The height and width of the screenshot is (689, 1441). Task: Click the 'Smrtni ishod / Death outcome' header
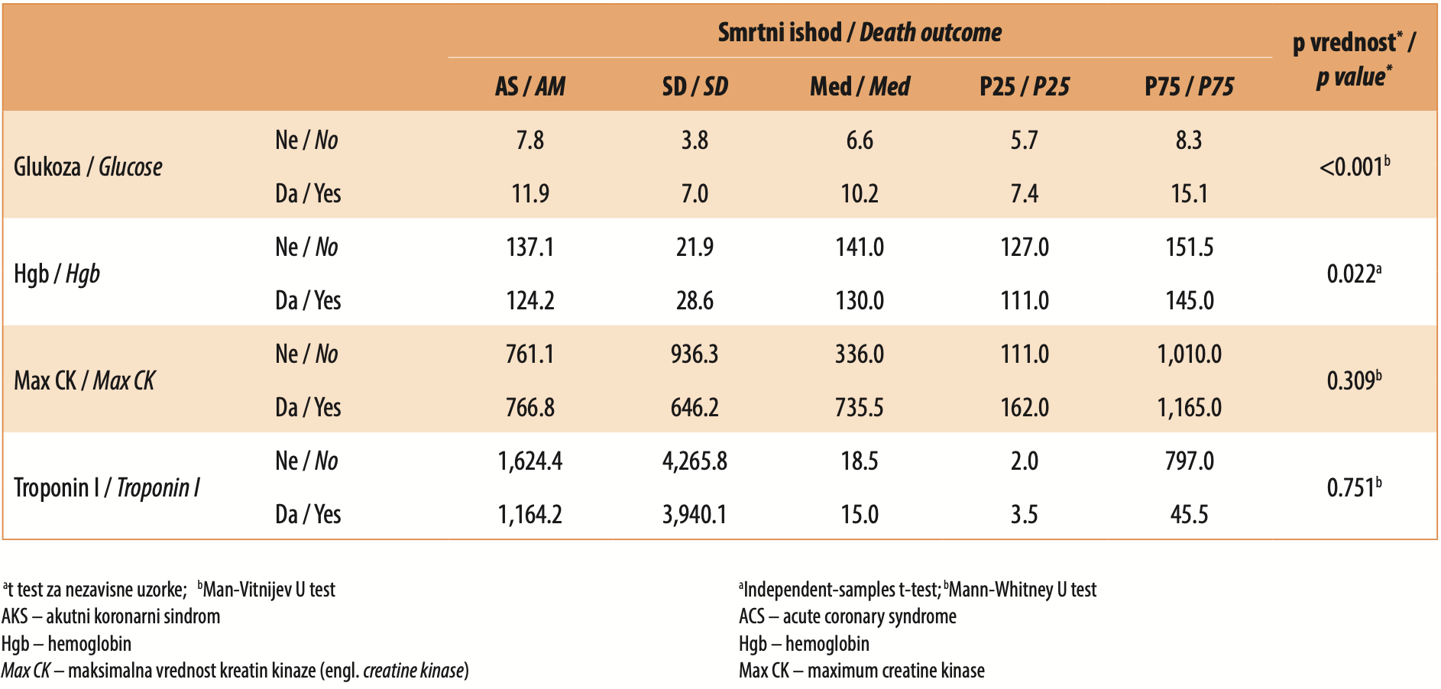point(860,32)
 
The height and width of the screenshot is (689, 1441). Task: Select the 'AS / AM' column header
point(530,86)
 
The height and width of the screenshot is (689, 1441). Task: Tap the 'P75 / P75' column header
point(1189,86)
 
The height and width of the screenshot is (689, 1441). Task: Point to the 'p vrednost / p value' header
point(1354,60)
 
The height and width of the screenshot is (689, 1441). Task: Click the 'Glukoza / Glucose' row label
point(88,167)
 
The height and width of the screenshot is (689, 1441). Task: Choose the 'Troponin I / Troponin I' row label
point(107,487)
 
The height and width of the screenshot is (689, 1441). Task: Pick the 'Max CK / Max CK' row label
point(84,380)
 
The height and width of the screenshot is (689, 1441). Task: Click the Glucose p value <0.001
point(1354,166)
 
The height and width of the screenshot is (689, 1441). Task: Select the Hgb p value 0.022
point(1354,273)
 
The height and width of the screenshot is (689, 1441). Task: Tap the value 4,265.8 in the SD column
point(695,461)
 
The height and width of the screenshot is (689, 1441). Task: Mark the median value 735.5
point(860,407)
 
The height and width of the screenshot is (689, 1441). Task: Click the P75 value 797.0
point(1189,461)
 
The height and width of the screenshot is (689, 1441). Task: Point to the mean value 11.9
point(530,193)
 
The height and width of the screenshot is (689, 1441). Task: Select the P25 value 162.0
point(1025,407)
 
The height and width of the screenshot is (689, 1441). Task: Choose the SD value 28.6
point(695,300)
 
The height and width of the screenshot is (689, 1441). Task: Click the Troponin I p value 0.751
point(1354,487)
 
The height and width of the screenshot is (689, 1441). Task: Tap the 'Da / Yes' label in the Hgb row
point(308,300)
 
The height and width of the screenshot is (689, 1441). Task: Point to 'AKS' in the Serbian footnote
point(15,616)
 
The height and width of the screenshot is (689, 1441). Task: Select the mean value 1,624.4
point(530,461)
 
